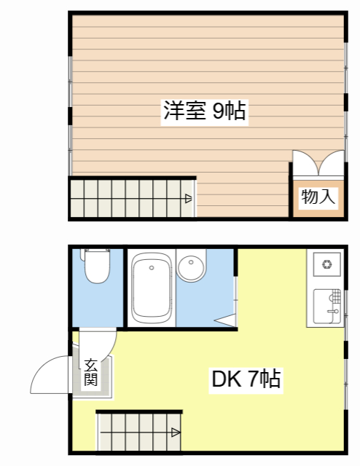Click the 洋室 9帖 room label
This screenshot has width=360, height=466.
205,111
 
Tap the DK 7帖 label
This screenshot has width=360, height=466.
246,379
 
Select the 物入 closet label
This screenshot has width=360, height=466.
318,197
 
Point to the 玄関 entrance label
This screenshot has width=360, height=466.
91,373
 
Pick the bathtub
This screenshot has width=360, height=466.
152,288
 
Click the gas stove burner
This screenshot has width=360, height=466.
327,264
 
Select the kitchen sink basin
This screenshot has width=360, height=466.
326,306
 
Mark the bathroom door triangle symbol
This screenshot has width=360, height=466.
225,320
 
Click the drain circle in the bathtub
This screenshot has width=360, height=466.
152,268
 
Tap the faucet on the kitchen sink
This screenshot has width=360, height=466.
334,311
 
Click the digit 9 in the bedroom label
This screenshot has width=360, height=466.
218,111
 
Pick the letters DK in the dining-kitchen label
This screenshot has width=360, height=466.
227,379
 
